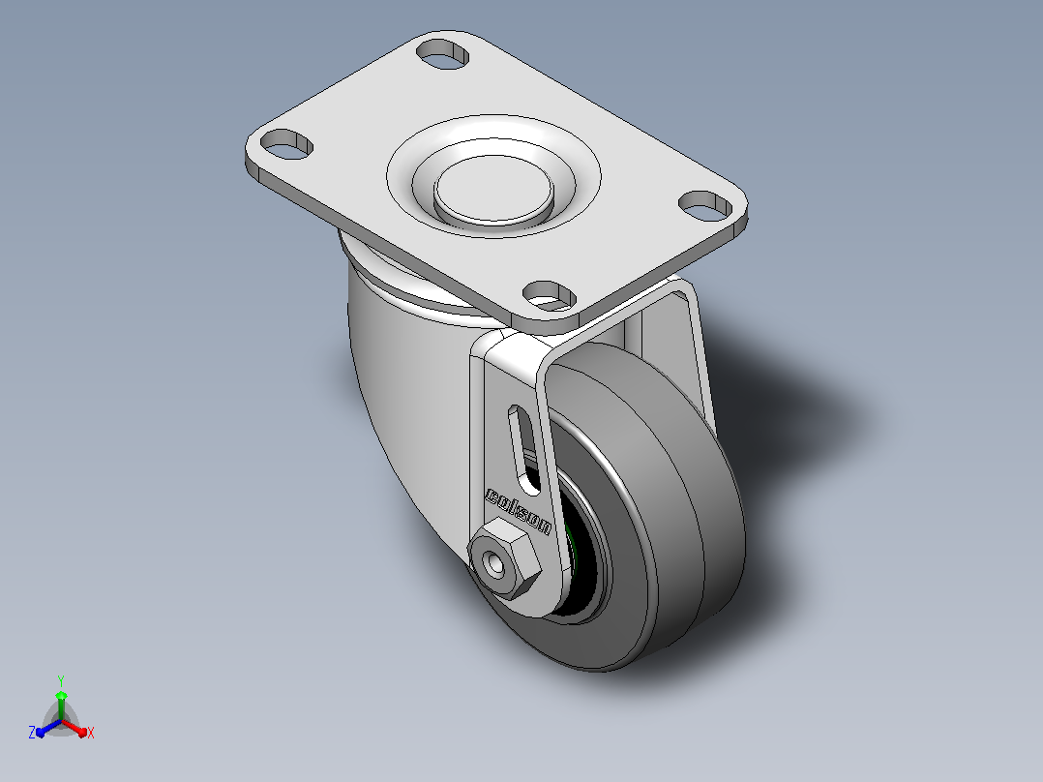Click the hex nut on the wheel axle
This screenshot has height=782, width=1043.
click(503, 558)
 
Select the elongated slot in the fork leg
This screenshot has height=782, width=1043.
click(524, 449)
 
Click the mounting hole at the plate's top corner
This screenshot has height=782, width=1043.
click(442, 53)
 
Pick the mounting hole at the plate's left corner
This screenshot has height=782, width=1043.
click(286, 144)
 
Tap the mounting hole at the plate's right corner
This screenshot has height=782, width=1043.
click(705, 205)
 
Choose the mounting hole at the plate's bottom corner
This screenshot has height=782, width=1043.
click(549, 295)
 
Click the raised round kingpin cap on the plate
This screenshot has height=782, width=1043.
click(493, 189)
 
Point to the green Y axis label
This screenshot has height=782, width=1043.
click(61, 680)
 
